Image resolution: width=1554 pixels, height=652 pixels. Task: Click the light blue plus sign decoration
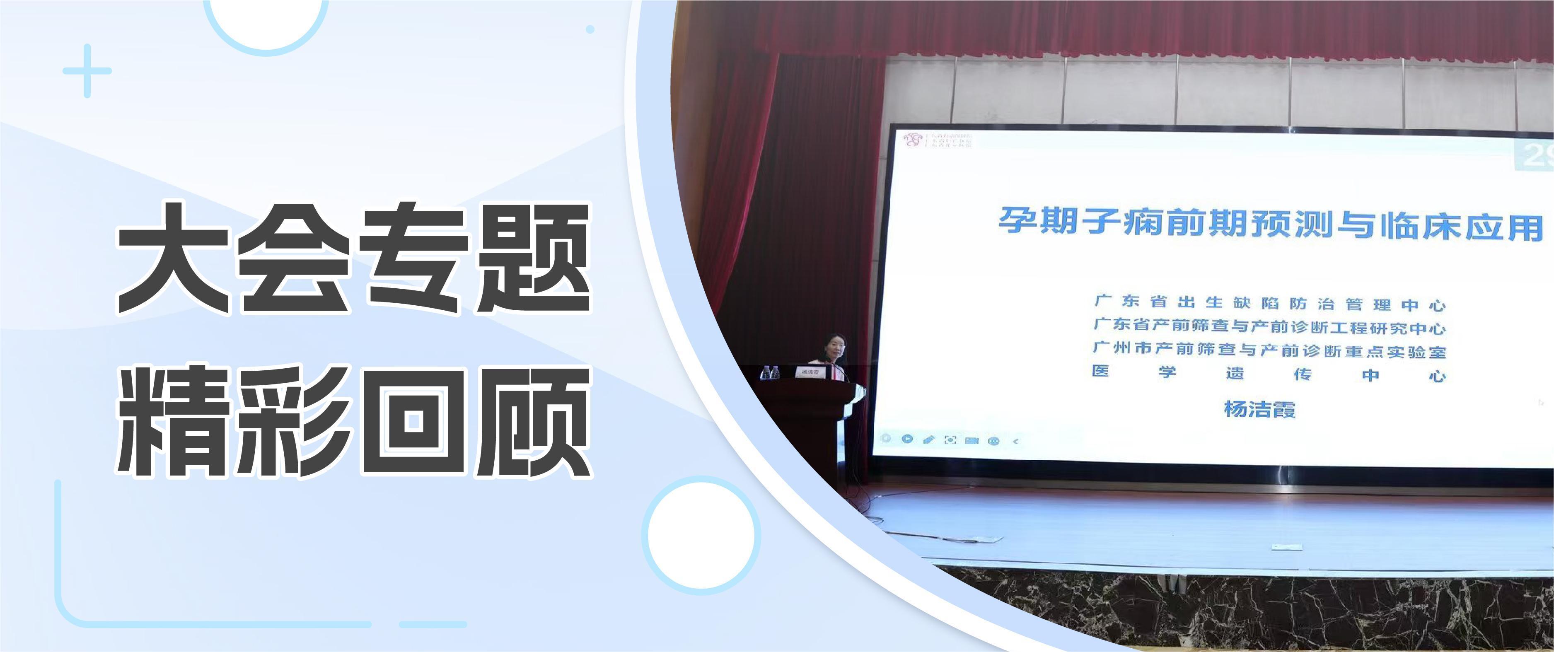tap(87, 70)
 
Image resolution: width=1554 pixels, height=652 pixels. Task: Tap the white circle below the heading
tap(701, 534)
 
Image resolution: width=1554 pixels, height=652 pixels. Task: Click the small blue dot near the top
tap(590, 29)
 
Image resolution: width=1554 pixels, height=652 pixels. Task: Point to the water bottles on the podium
tap(769, 372)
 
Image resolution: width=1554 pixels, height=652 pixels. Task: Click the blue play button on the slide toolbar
tap(907, 439)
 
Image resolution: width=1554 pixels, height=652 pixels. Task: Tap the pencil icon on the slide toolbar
tap(928, 439)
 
